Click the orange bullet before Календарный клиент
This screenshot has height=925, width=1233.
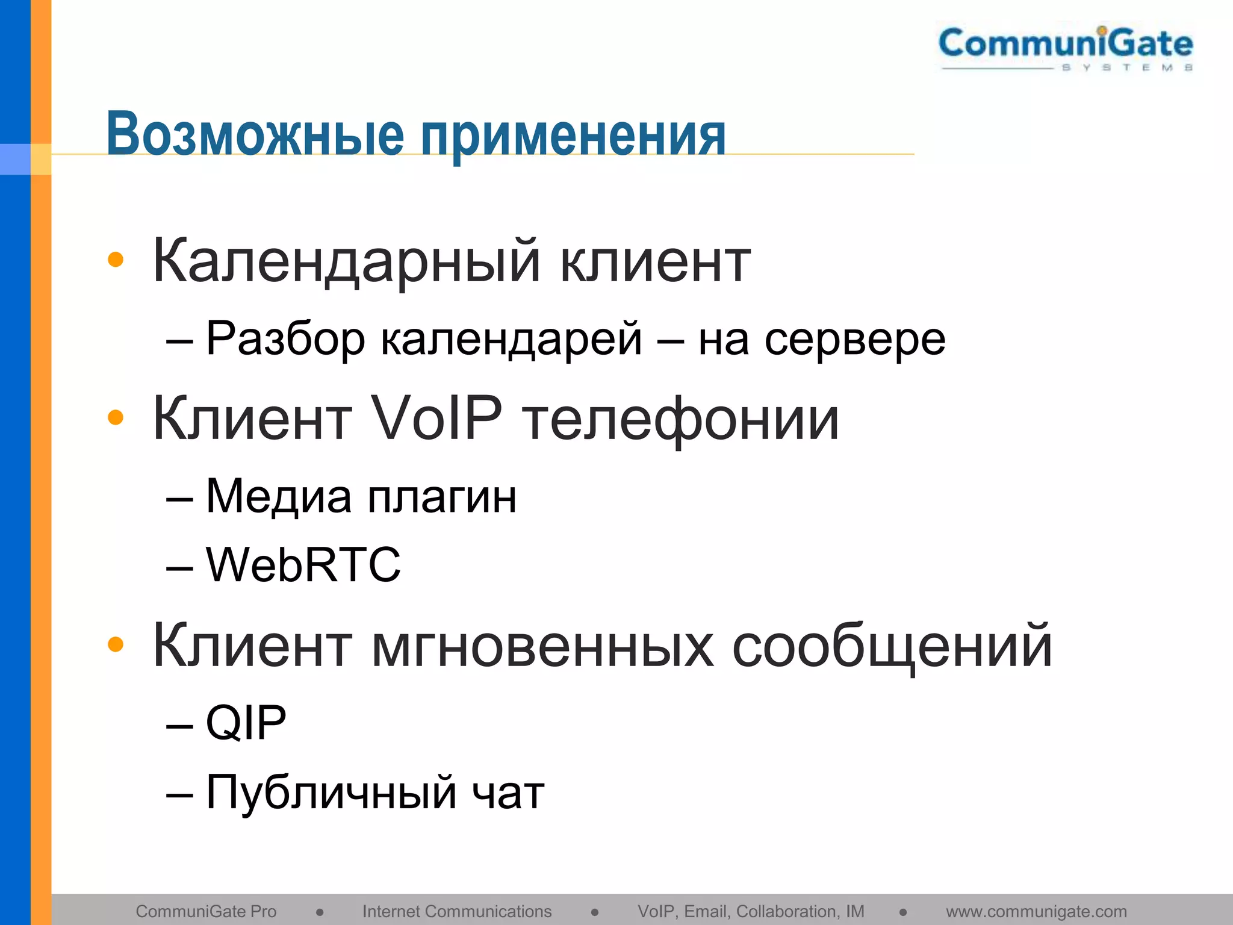115,260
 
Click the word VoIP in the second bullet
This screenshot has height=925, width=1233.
436,417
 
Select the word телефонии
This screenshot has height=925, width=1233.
680,419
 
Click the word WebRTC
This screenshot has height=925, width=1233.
303,565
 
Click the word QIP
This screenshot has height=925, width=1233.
246,723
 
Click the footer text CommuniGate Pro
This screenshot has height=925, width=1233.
206,911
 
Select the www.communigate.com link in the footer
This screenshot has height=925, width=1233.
1036,911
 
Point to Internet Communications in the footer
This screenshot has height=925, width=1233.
456,911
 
